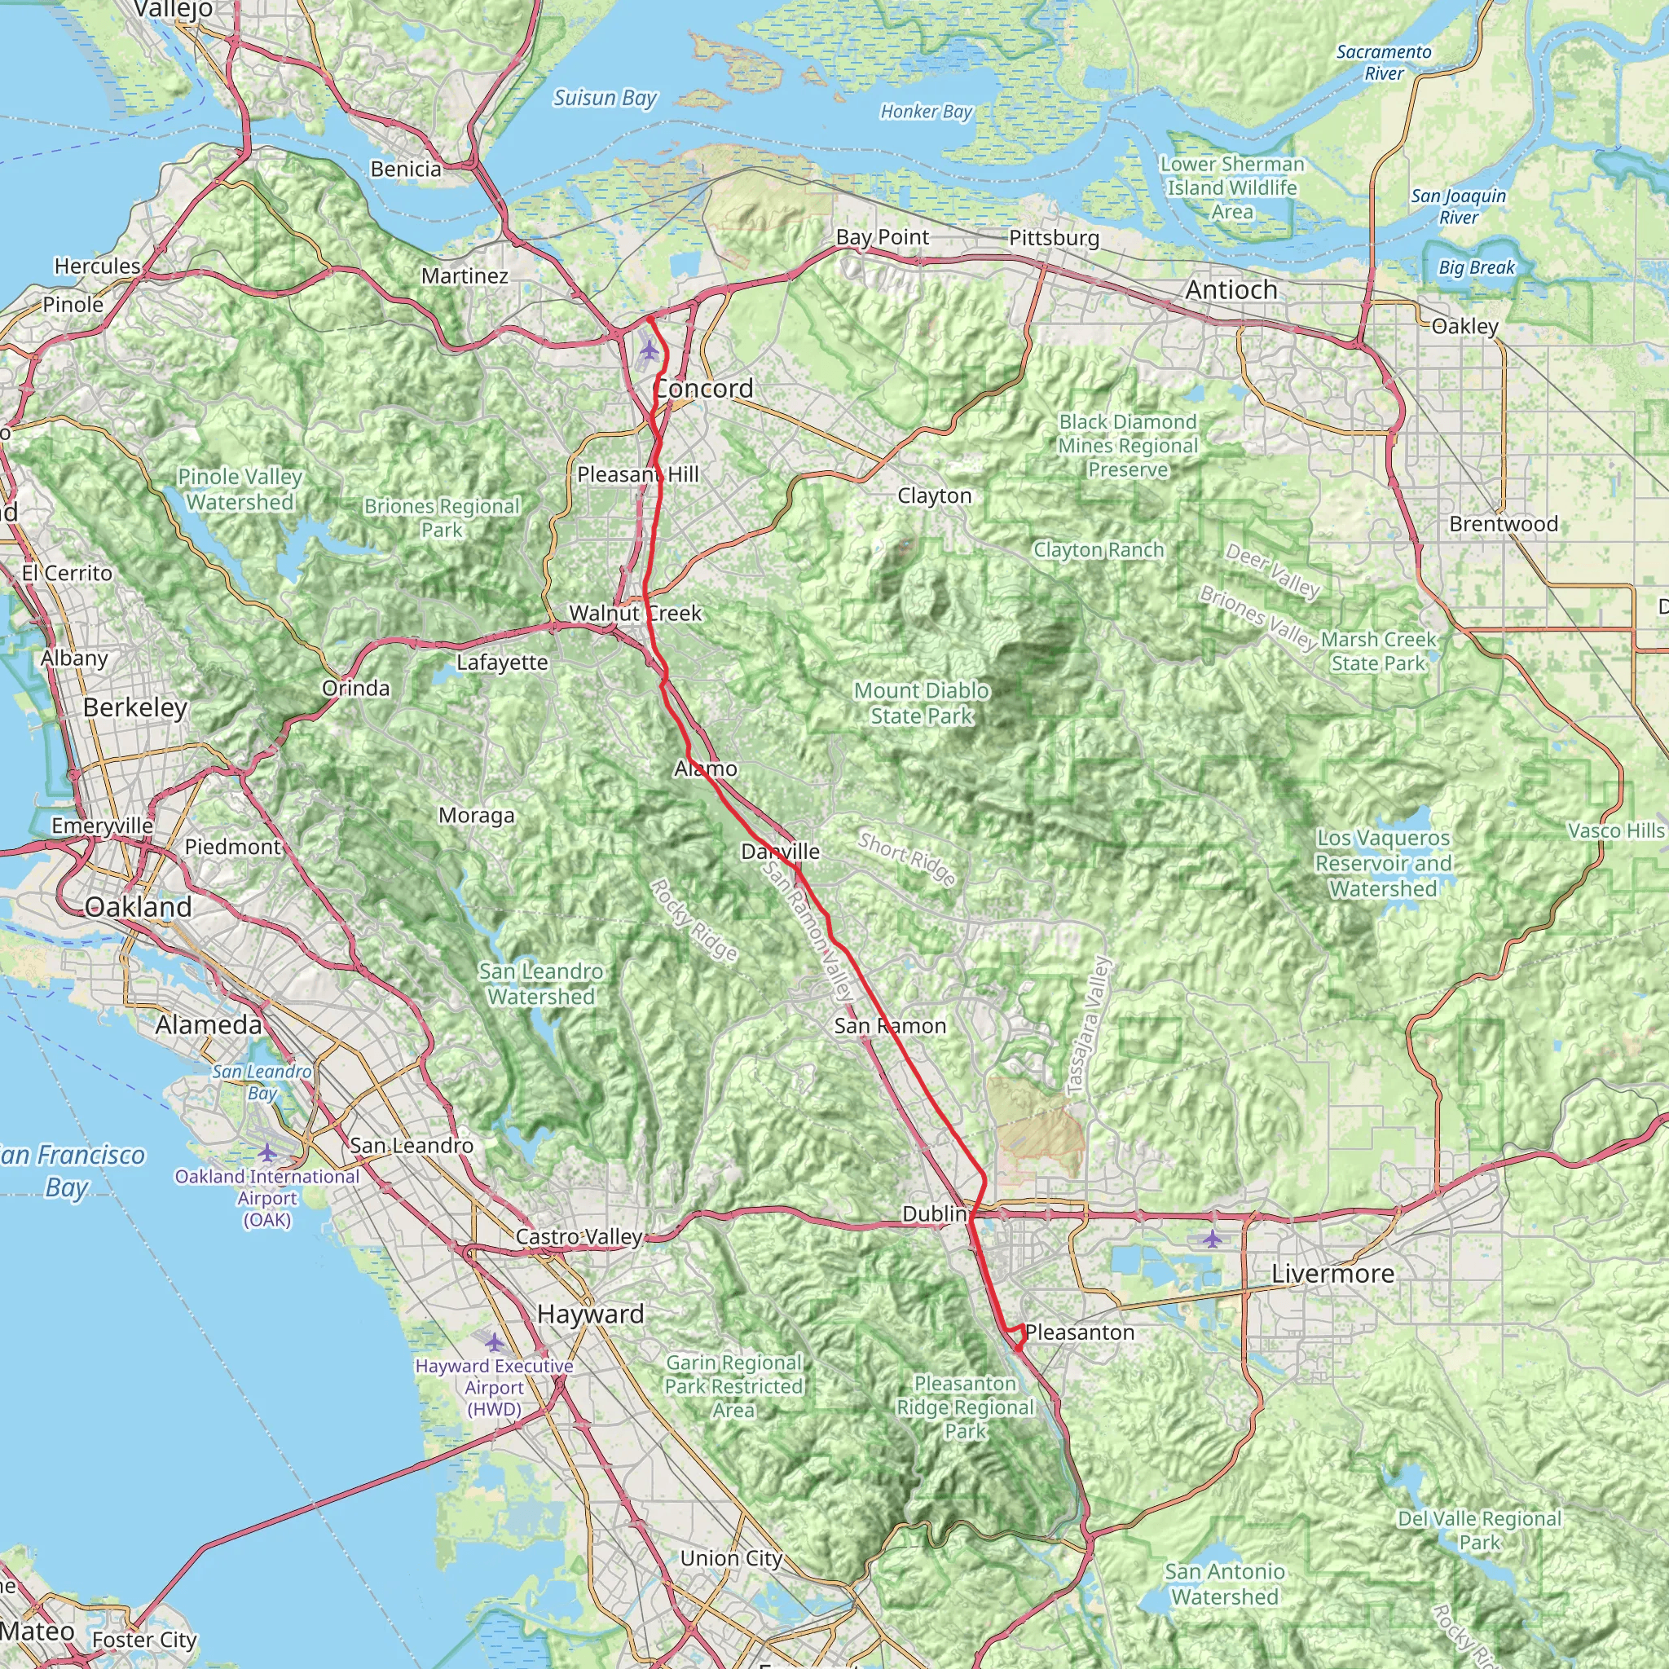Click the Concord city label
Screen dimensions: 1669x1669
[x=703, y=389]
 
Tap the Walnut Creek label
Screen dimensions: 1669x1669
[x=635, y=614]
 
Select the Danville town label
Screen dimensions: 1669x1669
[x=780, y=852]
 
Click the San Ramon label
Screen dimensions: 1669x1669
[x=890, y=1026]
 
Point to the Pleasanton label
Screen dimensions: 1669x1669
[x=1079, y=1332]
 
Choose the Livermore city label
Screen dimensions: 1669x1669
[x=1332, y=1274]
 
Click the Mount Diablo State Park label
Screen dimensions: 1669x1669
[x=921, y=703]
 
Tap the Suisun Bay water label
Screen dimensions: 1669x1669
[x=605, y=99]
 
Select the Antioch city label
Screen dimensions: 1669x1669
[x=1231, y=290]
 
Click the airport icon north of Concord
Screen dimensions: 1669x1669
[x=649, y=350]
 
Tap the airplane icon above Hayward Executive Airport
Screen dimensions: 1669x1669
[x=493, y=1342]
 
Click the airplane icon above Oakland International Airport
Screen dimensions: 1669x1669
[x=267, y=1152]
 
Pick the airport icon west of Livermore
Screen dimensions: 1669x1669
[x=1213, y=1240]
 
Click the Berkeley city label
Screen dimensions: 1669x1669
[x=134, y=707]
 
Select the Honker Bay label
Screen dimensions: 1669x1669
[x=926, y=112]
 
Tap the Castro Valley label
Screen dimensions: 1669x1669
[x=579, y=1237]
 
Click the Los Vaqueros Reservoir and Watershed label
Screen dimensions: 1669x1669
[x=1383, y=863]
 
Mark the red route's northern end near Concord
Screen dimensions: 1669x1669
[x=648, y=319]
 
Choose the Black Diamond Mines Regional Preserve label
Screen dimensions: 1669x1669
[x=1127, y=446]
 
